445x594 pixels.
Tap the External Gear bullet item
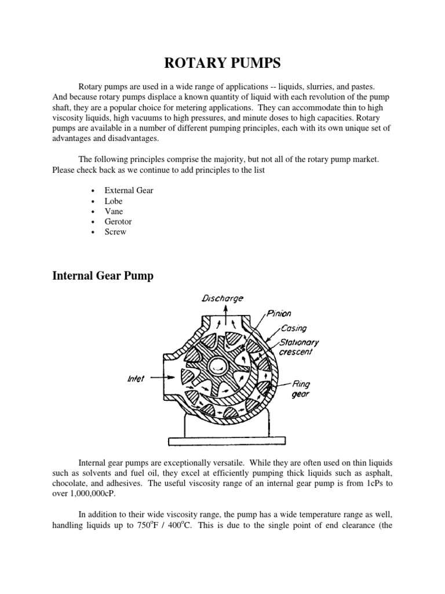coord(129,190)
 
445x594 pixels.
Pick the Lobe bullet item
coord(113,201)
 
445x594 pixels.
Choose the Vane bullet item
coord(114,211)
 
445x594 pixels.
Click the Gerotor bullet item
coord(119,222)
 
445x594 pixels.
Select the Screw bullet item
coord(115,232)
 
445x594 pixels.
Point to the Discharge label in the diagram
coord(222,298)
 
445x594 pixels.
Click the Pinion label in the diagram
coord(279,314)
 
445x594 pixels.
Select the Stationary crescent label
coord(298,347)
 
